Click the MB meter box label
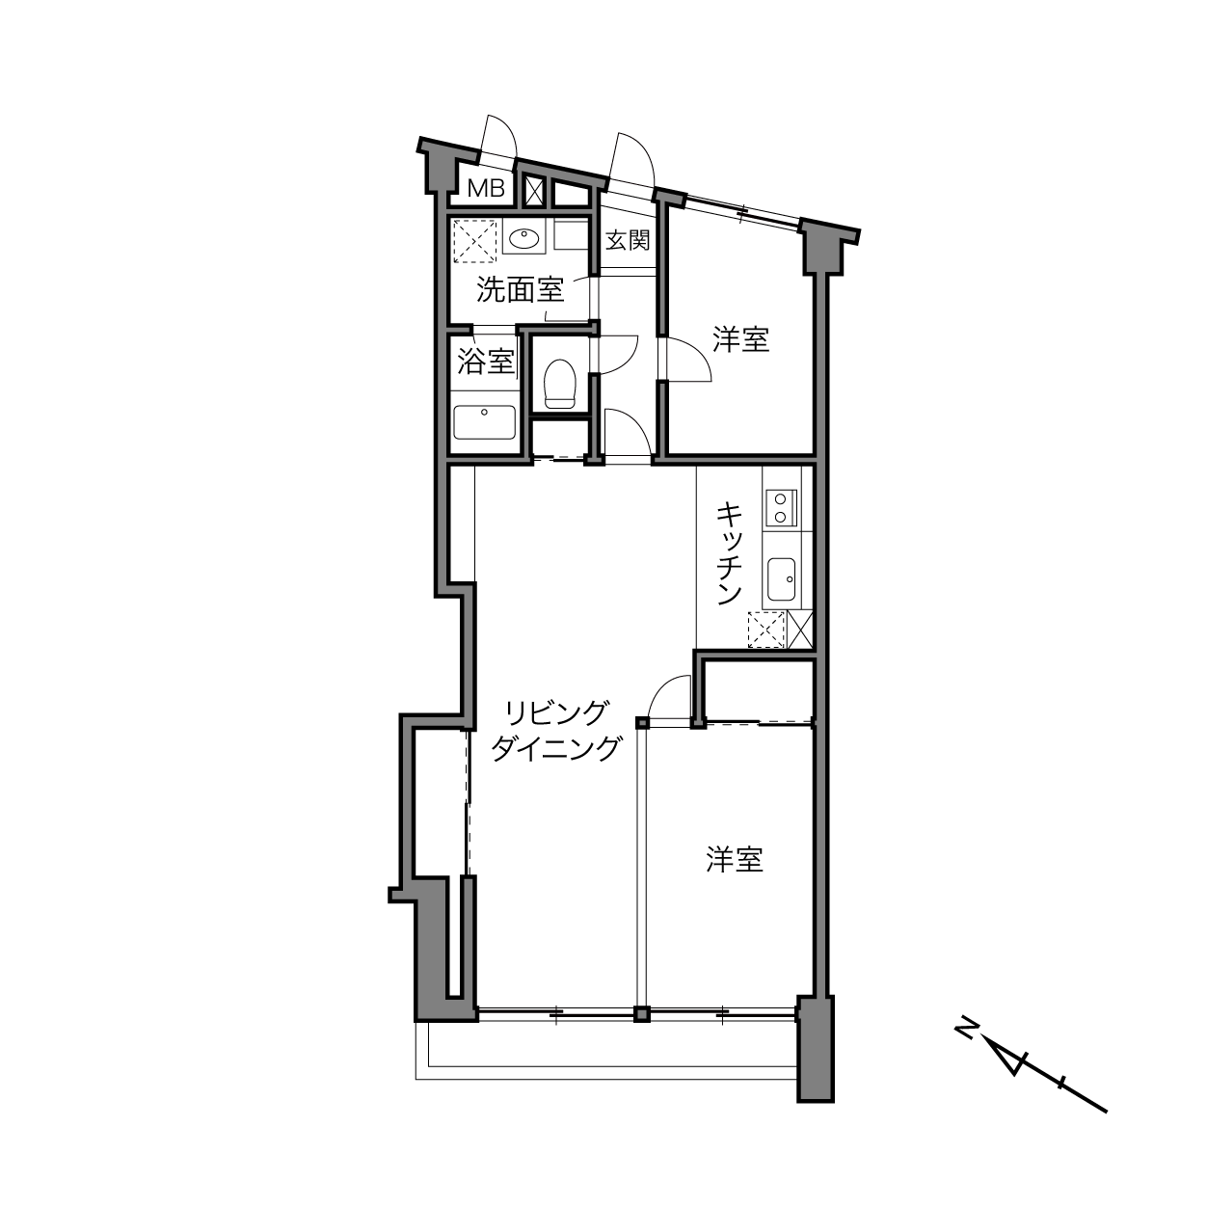tap(487, 188)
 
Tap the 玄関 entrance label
tap(628, 240)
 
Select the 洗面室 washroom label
tap(521, 289)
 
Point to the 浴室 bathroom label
tap(486, 362)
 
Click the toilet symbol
tap(560, 384)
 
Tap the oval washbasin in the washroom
tap(523, 239)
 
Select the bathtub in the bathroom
tap(484, 422)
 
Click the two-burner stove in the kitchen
tap(781, 508)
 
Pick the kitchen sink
tap(781, 578)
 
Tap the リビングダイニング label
tap(556, 731)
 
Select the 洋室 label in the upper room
tap(741, 339)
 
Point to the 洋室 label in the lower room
tap(735, 860)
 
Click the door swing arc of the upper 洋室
tap(700, 354)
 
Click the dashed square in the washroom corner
tap(474, 241)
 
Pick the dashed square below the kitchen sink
tap(766, 630)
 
